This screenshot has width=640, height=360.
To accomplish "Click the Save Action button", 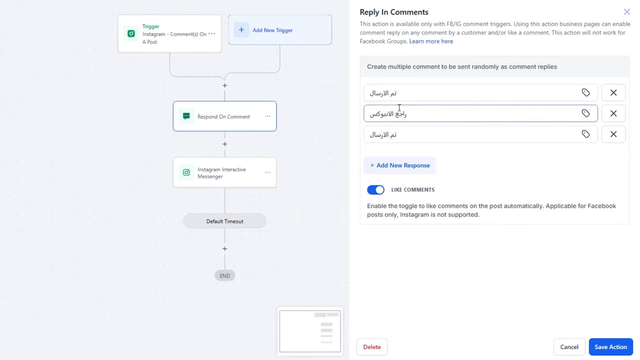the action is click(610, 346).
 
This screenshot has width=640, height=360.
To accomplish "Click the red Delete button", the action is click(371, 346).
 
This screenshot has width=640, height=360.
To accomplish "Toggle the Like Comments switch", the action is click(375, 189).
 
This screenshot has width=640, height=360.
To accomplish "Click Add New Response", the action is click(399, 165).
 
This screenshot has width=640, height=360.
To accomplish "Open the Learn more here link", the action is click(431, 41).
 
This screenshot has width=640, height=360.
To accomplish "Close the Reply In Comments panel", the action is click(626, 11).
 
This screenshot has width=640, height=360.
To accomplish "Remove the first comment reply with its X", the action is click(613, 92).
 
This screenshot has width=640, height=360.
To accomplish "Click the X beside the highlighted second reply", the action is click(613, 113).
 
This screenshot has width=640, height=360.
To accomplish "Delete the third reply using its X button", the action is click(613, 134).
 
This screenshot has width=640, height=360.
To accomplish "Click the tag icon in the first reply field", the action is click(585, 92).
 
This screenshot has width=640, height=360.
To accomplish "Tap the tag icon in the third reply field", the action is click(585, 134).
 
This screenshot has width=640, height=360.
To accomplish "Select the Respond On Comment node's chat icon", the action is click(186, 116).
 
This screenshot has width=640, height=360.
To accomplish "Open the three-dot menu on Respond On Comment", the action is click(267, 116).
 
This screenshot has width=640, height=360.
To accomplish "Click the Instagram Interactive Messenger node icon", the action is click(186, 172).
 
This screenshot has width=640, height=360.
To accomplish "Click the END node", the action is click(224, 275).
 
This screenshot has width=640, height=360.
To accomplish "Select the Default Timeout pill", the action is click(224, 221).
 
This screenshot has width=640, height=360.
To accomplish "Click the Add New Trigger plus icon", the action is click(241, 29).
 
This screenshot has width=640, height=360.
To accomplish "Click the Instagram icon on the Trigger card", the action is click(131, 33).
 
